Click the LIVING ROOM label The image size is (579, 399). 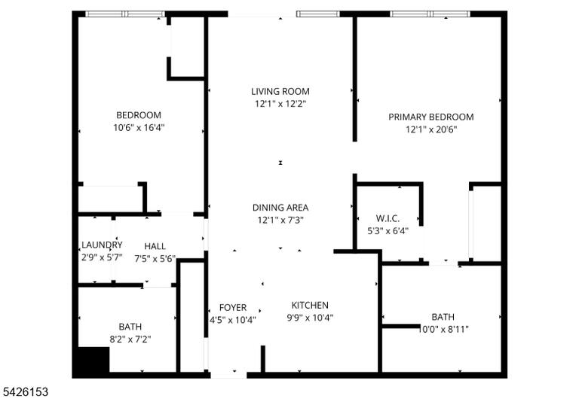coord(280,91)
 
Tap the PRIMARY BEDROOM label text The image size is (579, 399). coord(431,117)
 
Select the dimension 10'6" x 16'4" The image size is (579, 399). coord(139,127)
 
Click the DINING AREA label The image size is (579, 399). coord(280,208)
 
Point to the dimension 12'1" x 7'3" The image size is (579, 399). coord(280,220)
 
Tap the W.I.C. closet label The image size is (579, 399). coord(388,218)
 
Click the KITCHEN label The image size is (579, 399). coord(310,305)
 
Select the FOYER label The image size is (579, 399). coord(233,308)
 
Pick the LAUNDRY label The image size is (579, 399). coord(102,245)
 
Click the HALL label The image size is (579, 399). coord(155,246)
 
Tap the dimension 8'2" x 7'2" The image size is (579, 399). coord(130,339)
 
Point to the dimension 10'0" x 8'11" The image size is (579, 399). coord(443,329)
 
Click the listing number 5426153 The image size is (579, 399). coord(26,391)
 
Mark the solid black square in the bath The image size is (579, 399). coord(94,360)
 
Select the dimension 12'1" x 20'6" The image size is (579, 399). coord(431,129)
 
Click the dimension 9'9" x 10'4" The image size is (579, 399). coord(310,318)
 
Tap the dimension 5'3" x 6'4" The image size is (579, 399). coord(388,231)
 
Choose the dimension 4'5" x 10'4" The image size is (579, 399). coord(233,320)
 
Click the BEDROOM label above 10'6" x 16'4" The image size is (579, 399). coord(139,115)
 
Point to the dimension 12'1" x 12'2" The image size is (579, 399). coord(280,104)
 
